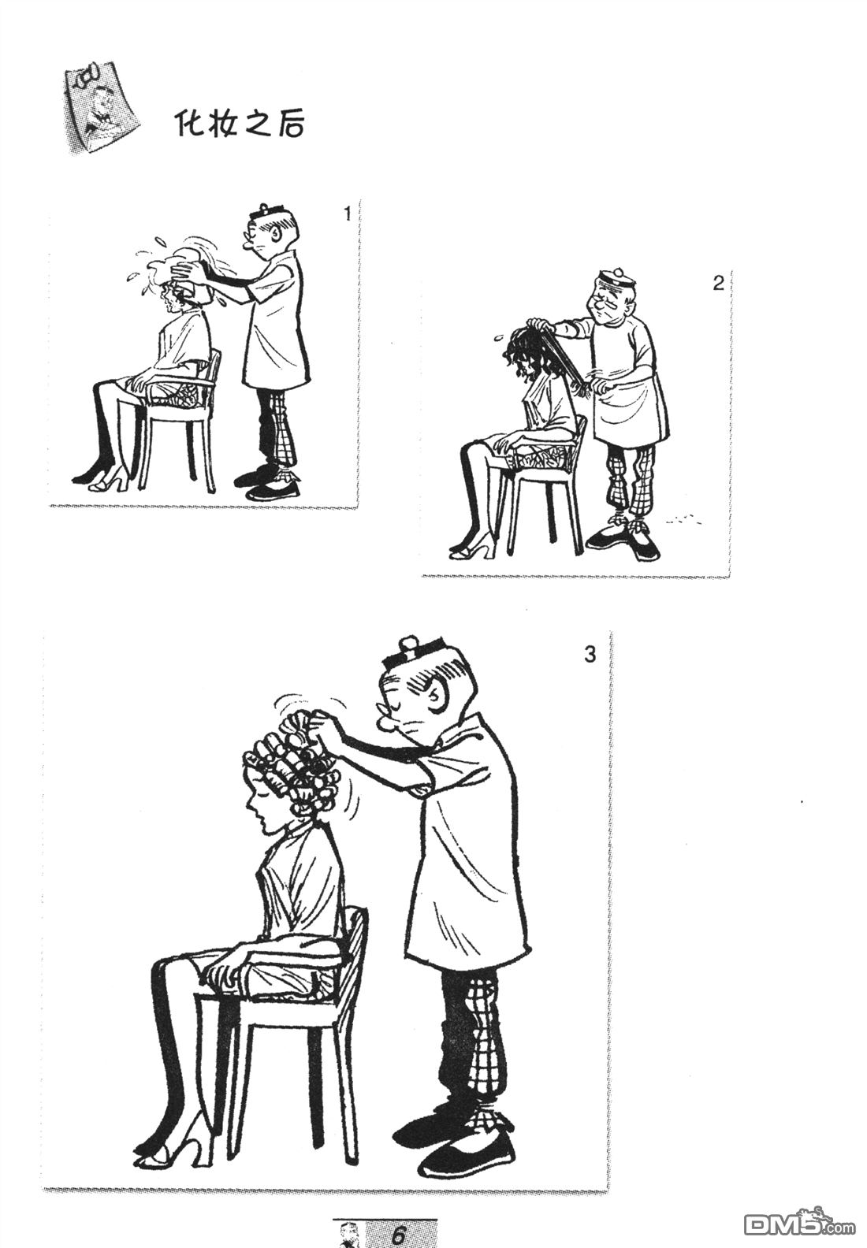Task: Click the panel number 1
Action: tap(346, 213)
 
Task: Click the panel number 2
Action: tap(718, 284)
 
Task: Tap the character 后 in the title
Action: tap(288, 124)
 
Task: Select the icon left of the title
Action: tap(102, 110)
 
